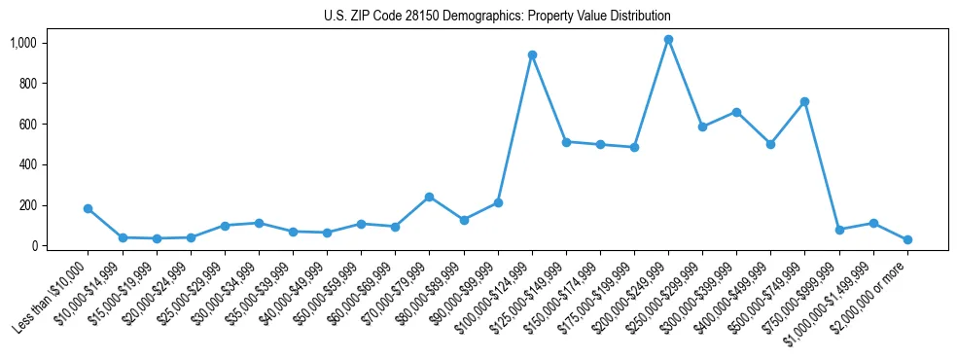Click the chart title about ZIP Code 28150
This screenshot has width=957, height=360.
[497, 17]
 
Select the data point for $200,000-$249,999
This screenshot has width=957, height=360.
[668, 40]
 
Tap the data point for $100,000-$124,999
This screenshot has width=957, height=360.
[532, 55]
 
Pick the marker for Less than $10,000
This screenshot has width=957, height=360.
[89, 208]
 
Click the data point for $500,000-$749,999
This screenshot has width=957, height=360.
[804, 101]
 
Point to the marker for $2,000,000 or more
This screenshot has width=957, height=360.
[907, 239]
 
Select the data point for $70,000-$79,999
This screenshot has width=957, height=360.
[429, 197]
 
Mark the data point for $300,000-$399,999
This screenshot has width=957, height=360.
[736, 112]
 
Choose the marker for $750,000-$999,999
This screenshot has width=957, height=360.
[839, 230]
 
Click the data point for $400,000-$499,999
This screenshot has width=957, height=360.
[770, 144]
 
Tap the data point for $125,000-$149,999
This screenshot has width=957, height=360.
[566, 142]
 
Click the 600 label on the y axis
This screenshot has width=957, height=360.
[28, 125]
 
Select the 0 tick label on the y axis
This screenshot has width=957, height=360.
[34, 246]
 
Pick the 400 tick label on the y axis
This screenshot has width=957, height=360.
[28, 165]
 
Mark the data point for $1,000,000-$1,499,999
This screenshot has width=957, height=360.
[873, 223]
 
